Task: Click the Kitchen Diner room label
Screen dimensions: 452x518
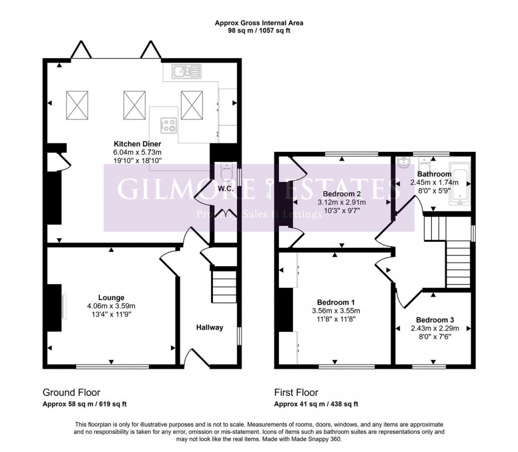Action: (138, 143)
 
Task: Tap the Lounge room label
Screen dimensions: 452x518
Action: (111, 297)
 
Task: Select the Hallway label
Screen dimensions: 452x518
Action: (210, 328)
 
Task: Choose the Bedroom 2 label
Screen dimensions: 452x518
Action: (341, 194)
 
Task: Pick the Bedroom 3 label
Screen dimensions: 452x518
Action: (434, 320)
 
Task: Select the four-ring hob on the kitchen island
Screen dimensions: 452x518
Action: (170, 125)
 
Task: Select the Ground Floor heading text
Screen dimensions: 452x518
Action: (71, 392)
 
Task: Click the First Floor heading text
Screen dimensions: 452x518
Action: (296, 392)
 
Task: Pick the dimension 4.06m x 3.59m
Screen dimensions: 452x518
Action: (111, 305)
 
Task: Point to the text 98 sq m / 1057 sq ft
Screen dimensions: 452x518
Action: (259, 31)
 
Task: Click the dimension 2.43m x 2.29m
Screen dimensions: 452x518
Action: (434, 328)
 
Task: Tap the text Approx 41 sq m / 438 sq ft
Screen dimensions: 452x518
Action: (316, 404)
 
